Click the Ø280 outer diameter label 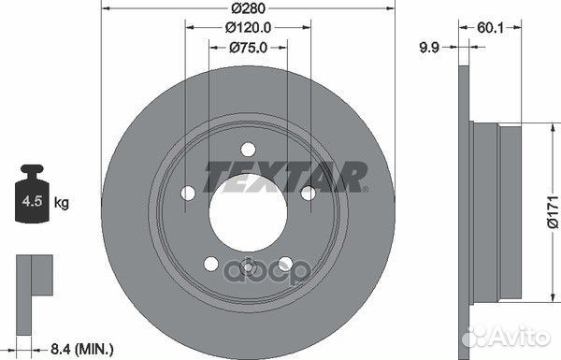(x=249, y=7)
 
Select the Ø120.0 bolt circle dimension (x=248, y=27)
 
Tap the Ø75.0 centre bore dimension (x=248, y=48)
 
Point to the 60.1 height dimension (x=490, y=27)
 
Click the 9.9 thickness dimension (x=429, y=48)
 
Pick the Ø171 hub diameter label (x=552, y=212)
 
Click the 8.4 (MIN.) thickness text (x=82, y=350)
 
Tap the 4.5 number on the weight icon (x=32, y=201)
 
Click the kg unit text (x=61, y=203)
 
